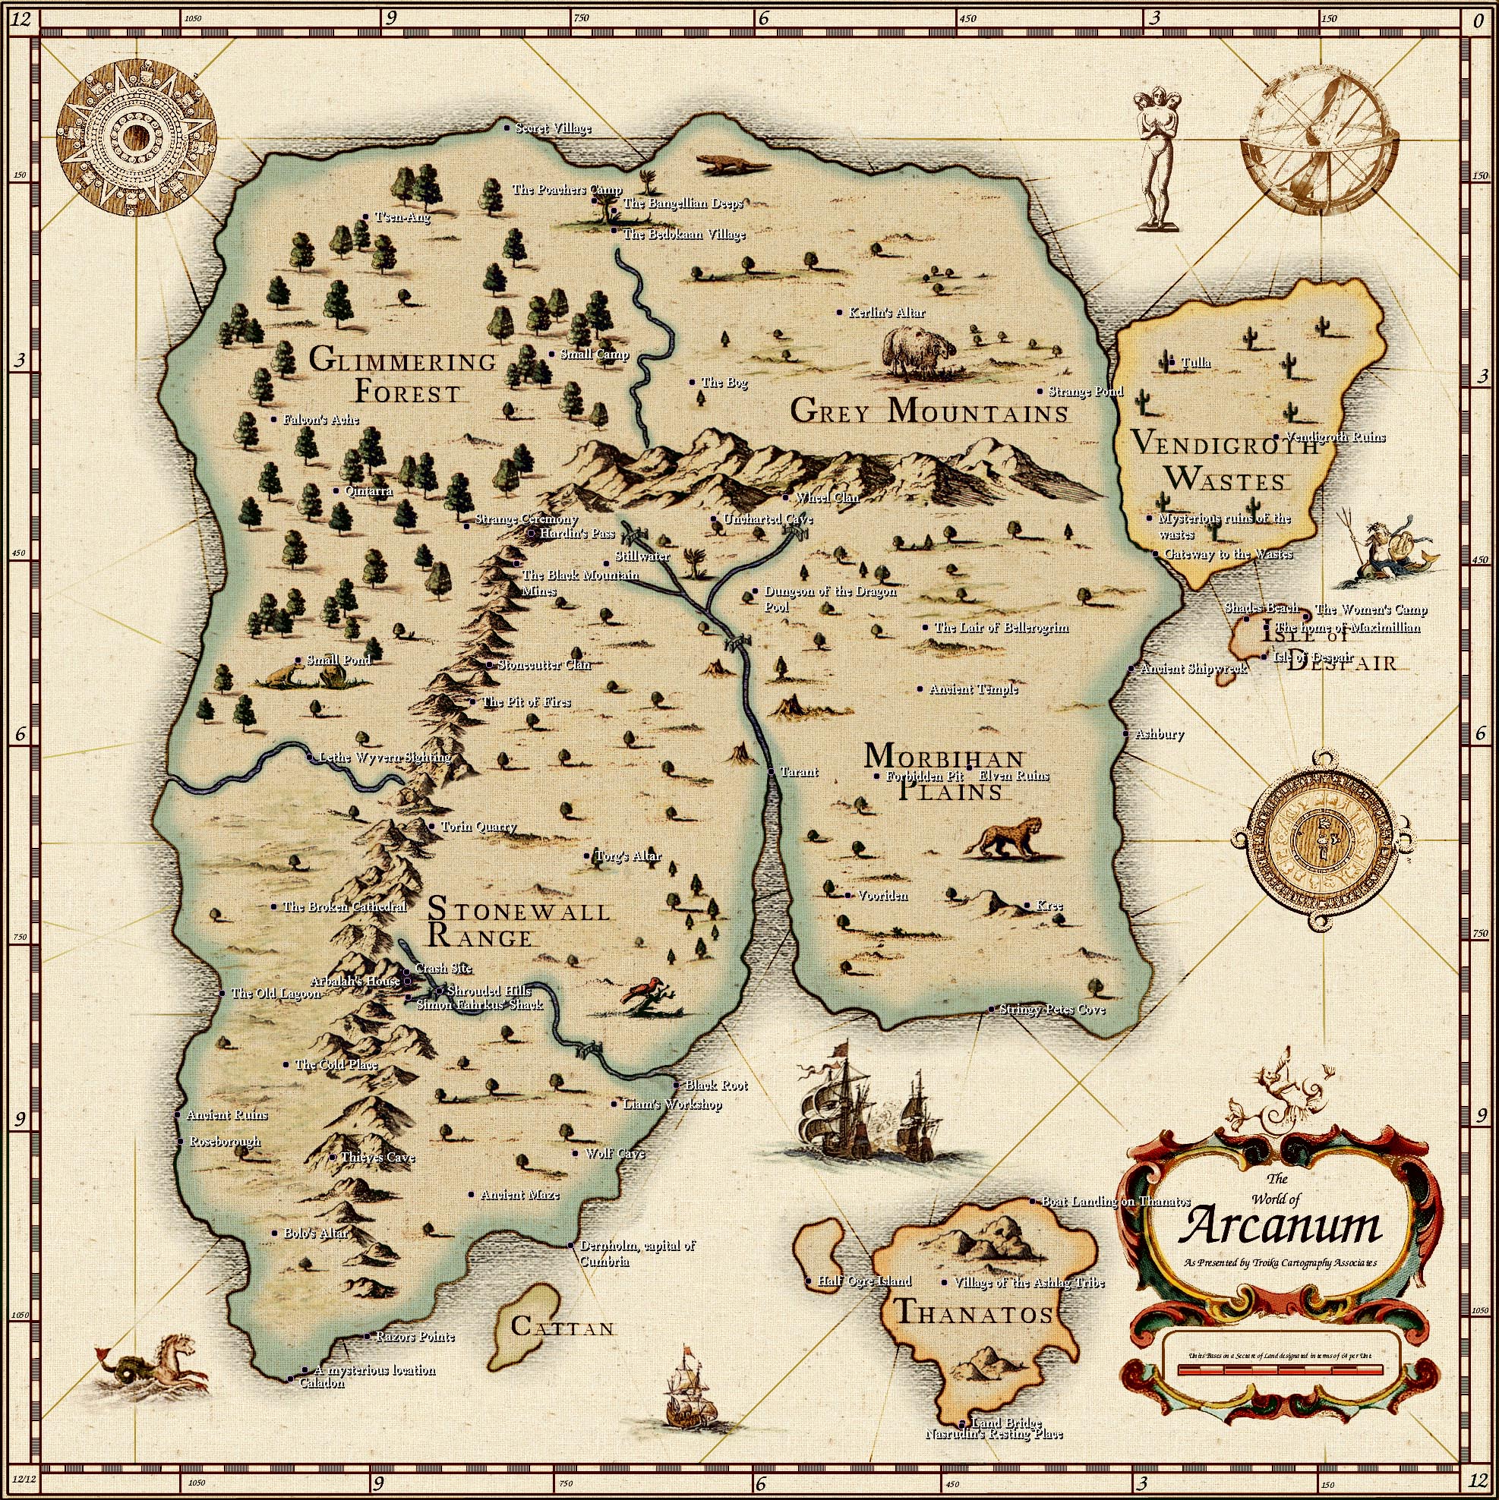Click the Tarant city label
(x=798, y=772)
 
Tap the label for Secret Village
(x=552, y=128)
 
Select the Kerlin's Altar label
(x=886, y=313)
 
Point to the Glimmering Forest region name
(x=402, y=377)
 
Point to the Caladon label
(x=321, y=1383)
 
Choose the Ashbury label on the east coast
(x=1159, y=734)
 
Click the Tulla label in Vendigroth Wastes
(x=1195, y=363)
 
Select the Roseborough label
(x=225, y=1141)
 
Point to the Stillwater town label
(x=642, y=556)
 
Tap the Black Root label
(x=715, y=1086)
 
